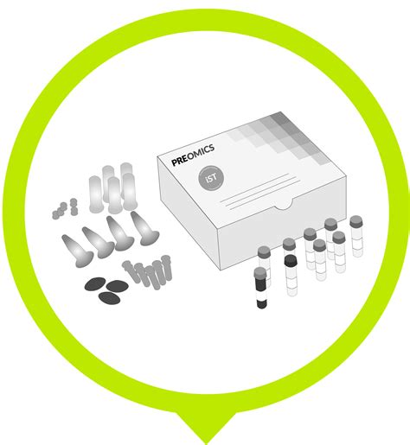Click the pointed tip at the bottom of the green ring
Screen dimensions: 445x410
pos(205,429)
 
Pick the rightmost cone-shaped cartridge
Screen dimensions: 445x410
pos(139,226)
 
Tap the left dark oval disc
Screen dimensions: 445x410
pos(93,284)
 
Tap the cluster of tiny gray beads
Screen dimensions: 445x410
pos(63,208)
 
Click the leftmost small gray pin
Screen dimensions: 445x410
pos(128,266)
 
